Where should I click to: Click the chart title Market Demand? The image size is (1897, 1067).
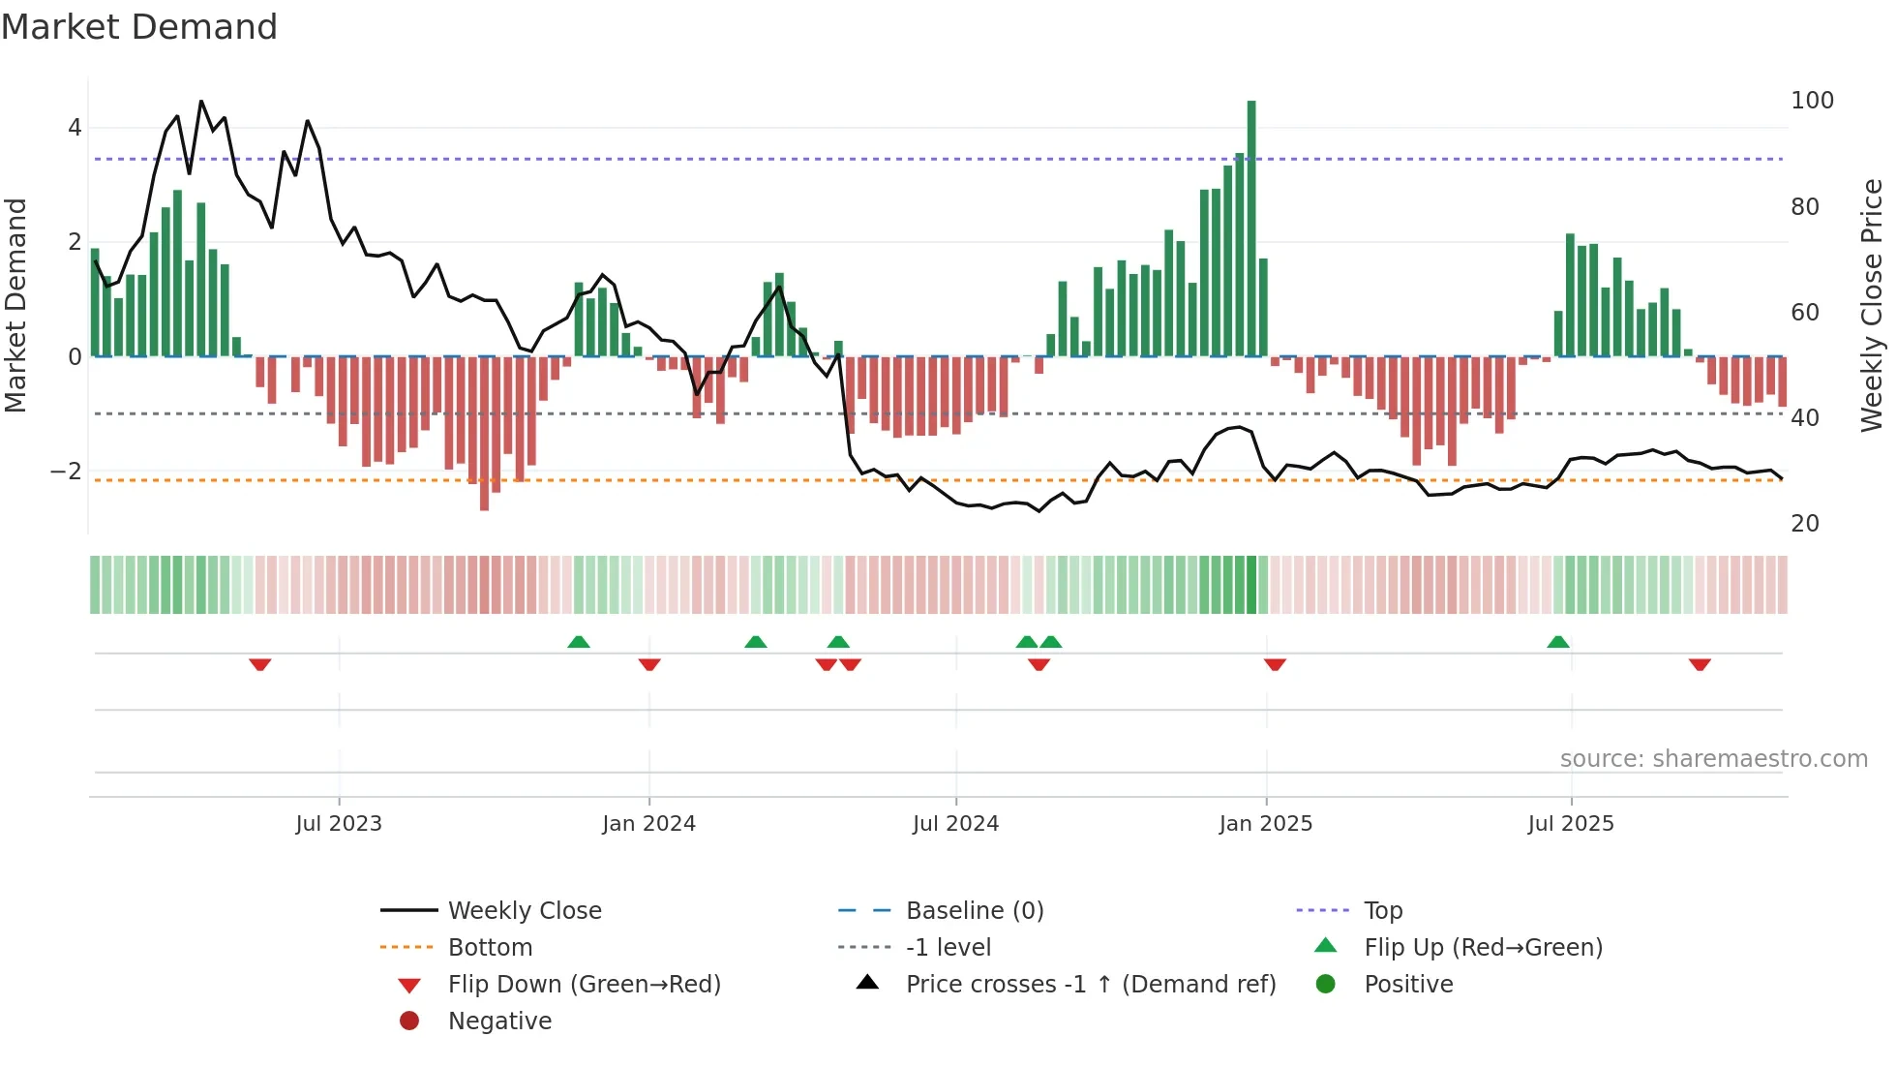(x=139, y=27)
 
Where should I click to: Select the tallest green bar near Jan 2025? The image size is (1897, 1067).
(x=1251, y=228)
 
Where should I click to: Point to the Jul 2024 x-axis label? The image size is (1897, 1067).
(x=955, y=824)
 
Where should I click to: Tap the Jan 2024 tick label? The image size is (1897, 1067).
(x=648, y=824)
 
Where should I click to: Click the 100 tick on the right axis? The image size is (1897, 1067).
(x=1812, y=101)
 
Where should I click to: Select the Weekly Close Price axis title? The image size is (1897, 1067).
(x=1872, y=305)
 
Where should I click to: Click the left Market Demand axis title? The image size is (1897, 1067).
(x=16, y=305)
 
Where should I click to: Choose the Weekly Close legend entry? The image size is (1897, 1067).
(x=524, y=911)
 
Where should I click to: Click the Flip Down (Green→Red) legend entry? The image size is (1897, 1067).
(x=584, y=985)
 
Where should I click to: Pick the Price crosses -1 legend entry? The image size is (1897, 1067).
(x=1090, y=985)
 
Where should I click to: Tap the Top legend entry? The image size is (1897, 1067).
(x=1383, y=911)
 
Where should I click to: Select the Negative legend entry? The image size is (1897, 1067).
(x=499, y=1021)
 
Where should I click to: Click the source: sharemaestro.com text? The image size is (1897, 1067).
(x=1713, y=759)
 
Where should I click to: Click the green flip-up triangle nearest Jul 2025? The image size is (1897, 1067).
(x=1557, y=642)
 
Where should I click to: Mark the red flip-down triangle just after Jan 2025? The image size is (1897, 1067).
(x=1275, y=664)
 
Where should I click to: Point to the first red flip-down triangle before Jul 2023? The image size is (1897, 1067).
(x=259, y=664)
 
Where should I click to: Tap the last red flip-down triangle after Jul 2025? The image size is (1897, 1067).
(x=1700, y=664)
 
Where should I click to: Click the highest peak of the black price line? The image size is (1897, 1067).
(x=201, y=101)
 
